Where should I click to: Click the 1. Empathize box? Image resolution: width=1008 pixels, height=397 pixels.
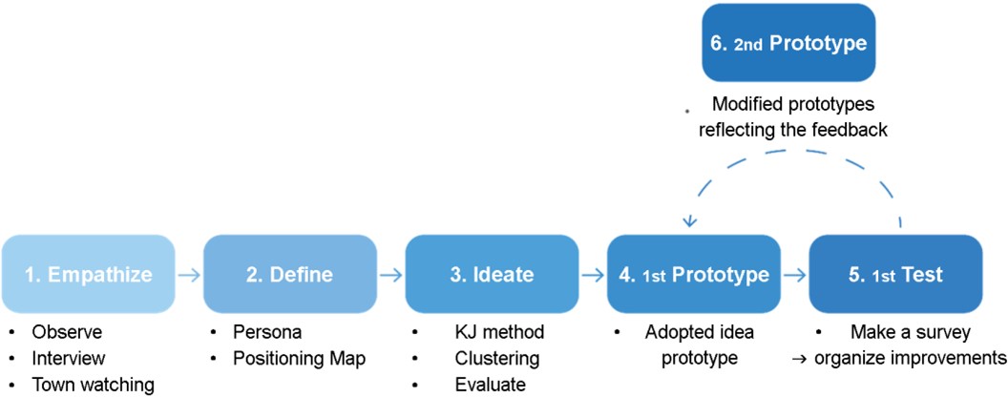[x=88, y=274]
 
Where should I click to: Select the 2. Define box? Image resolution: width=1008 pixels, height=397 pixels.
[x=290, y=274]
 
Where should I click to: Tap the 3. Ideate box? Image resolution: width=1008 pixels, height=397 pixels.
[x=492, y=274]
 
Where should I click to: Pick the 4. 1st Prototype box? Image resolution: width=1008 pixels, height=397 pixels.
[x=694, y=274]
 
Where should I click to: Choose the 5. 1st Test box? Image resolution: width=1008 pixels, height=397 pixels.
[x=895, y=274]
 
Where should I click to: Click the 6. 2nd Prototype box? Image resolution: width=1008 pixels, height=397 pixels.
[x=788, y=43]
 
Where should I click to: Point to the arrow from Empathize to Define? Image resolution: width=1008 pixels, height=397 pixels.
[x=190, y=274]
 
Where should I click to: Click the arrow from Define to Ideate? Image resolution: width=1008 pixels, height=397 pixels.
[x=391, y=274]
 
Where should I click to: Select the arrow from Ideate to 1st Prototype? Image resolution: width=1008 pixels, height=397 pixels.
[x=594, y=274]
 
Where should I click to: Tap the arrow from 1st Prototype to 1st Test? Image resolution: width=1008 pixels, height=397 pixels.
[x=795, y=274]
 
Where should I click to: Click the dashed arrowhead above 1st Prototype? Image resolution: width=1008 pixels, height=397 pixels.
[x=690, y=221]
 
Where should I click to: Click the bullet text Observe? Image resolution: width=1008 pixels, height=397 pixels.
[x=67, y=332]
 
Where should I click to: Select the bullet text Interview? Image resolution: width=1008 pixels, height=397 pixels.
[x=68, y=358]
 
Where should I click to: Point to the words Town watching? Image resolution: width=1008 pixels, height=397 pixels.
[x=94, y=385]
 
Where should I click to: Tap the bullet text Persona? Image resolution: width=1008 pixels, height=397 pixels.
[x=267, y=332]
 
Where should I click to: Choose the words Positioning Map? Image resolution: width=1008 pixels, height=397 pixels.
[x=300, y=358]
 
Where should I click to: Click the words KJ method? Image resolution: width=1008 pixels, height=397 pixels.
[x=499, y=332]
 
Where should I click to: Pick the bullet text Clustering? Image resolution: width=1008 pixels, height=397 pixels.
[x=496, y=358]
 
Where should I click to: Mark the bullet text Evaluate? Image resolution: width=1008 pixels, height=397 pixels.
[x=490, y=385]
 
